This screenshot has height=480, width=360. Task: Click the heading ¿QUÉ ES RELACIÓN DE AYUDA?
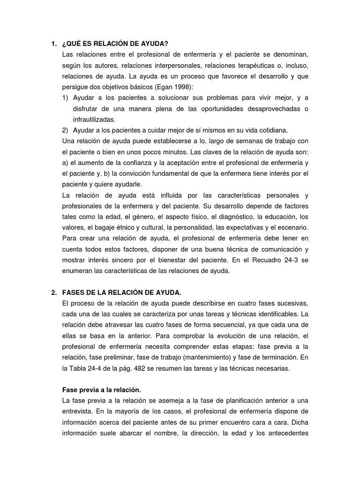pyautogui.click(x=115, y=44)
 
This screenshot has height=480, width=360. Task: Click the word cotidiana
pyautogui.click(x=271, y=130)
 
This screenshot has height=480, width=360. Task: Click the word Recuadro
pyautogui.click(x=269, y=260)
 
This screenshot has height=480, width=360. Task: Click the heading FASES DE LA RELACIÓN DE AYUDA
pyautogui.click(x=121, y=292)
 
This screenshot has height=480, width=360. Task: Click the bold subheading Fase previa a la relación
pyautogui.click(x=101, y=390)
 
